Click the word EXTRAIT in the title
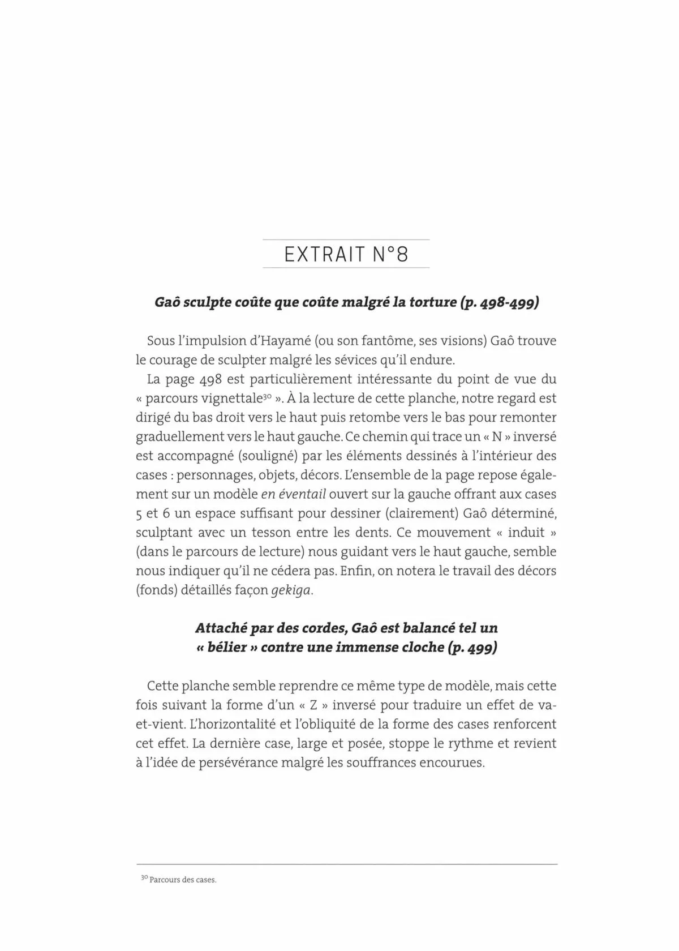(x=324, y=255)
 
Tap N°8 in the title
(x=390, y=255)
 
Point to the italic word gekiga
(x=291, y=590)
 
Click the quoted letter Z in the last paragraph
(x=313, y=705)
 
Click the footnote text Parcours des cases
(x=183, y=880)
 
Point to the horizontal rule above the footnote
(x=346, y=864)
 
